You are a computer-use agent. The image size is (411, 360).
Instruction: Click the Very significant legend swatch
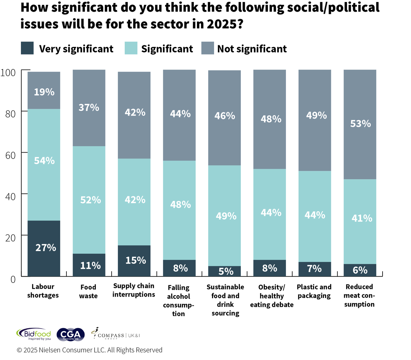point(27,48)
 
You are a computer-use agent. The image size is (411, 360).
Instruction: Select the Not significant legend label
point(252,49)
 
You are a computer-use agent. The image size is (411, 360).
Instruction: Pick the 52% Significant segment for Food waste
point(89,200)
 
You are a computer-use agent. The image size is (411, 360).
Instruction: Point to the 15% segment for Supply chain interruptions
point(134,261)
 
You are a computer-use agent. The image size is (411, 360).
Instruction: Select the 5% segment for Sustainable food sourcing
point(224,271)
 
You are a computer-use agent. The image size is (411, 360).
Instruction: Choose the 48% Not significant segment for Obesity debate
point(270,119)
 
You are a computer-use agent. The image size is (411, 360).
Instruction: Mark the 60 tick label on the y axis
point(11,155)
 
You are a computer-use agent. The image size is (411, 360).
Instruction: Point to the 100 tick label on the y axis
point(8,73)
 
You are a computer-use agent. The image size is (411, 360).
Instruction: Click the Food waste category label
point(88,291)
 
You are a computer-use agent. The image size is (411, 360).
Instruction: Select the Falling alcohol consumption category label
point(178,300)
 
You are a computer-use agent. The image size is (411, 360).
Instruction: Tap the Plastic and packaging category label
point(314,291)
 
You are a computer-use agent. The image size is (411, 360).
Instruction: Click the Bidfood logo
point(34,334)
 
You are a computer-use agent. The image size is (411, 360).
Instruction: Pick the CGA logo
point(71,335)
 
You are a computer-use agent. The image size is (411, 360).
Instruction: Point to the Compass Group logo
point(115,334)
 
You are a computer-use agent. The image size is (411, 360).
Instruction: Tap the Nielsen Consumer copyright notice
point(89,350)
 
